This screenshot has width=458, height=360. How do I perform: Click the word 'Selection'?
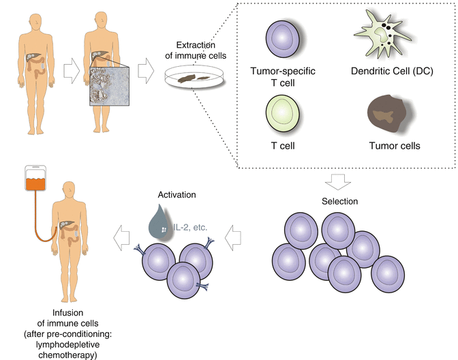click(x=339, y=202)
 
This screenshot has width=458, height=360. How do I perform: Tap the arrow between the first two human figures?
click(x=71, y=67)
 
